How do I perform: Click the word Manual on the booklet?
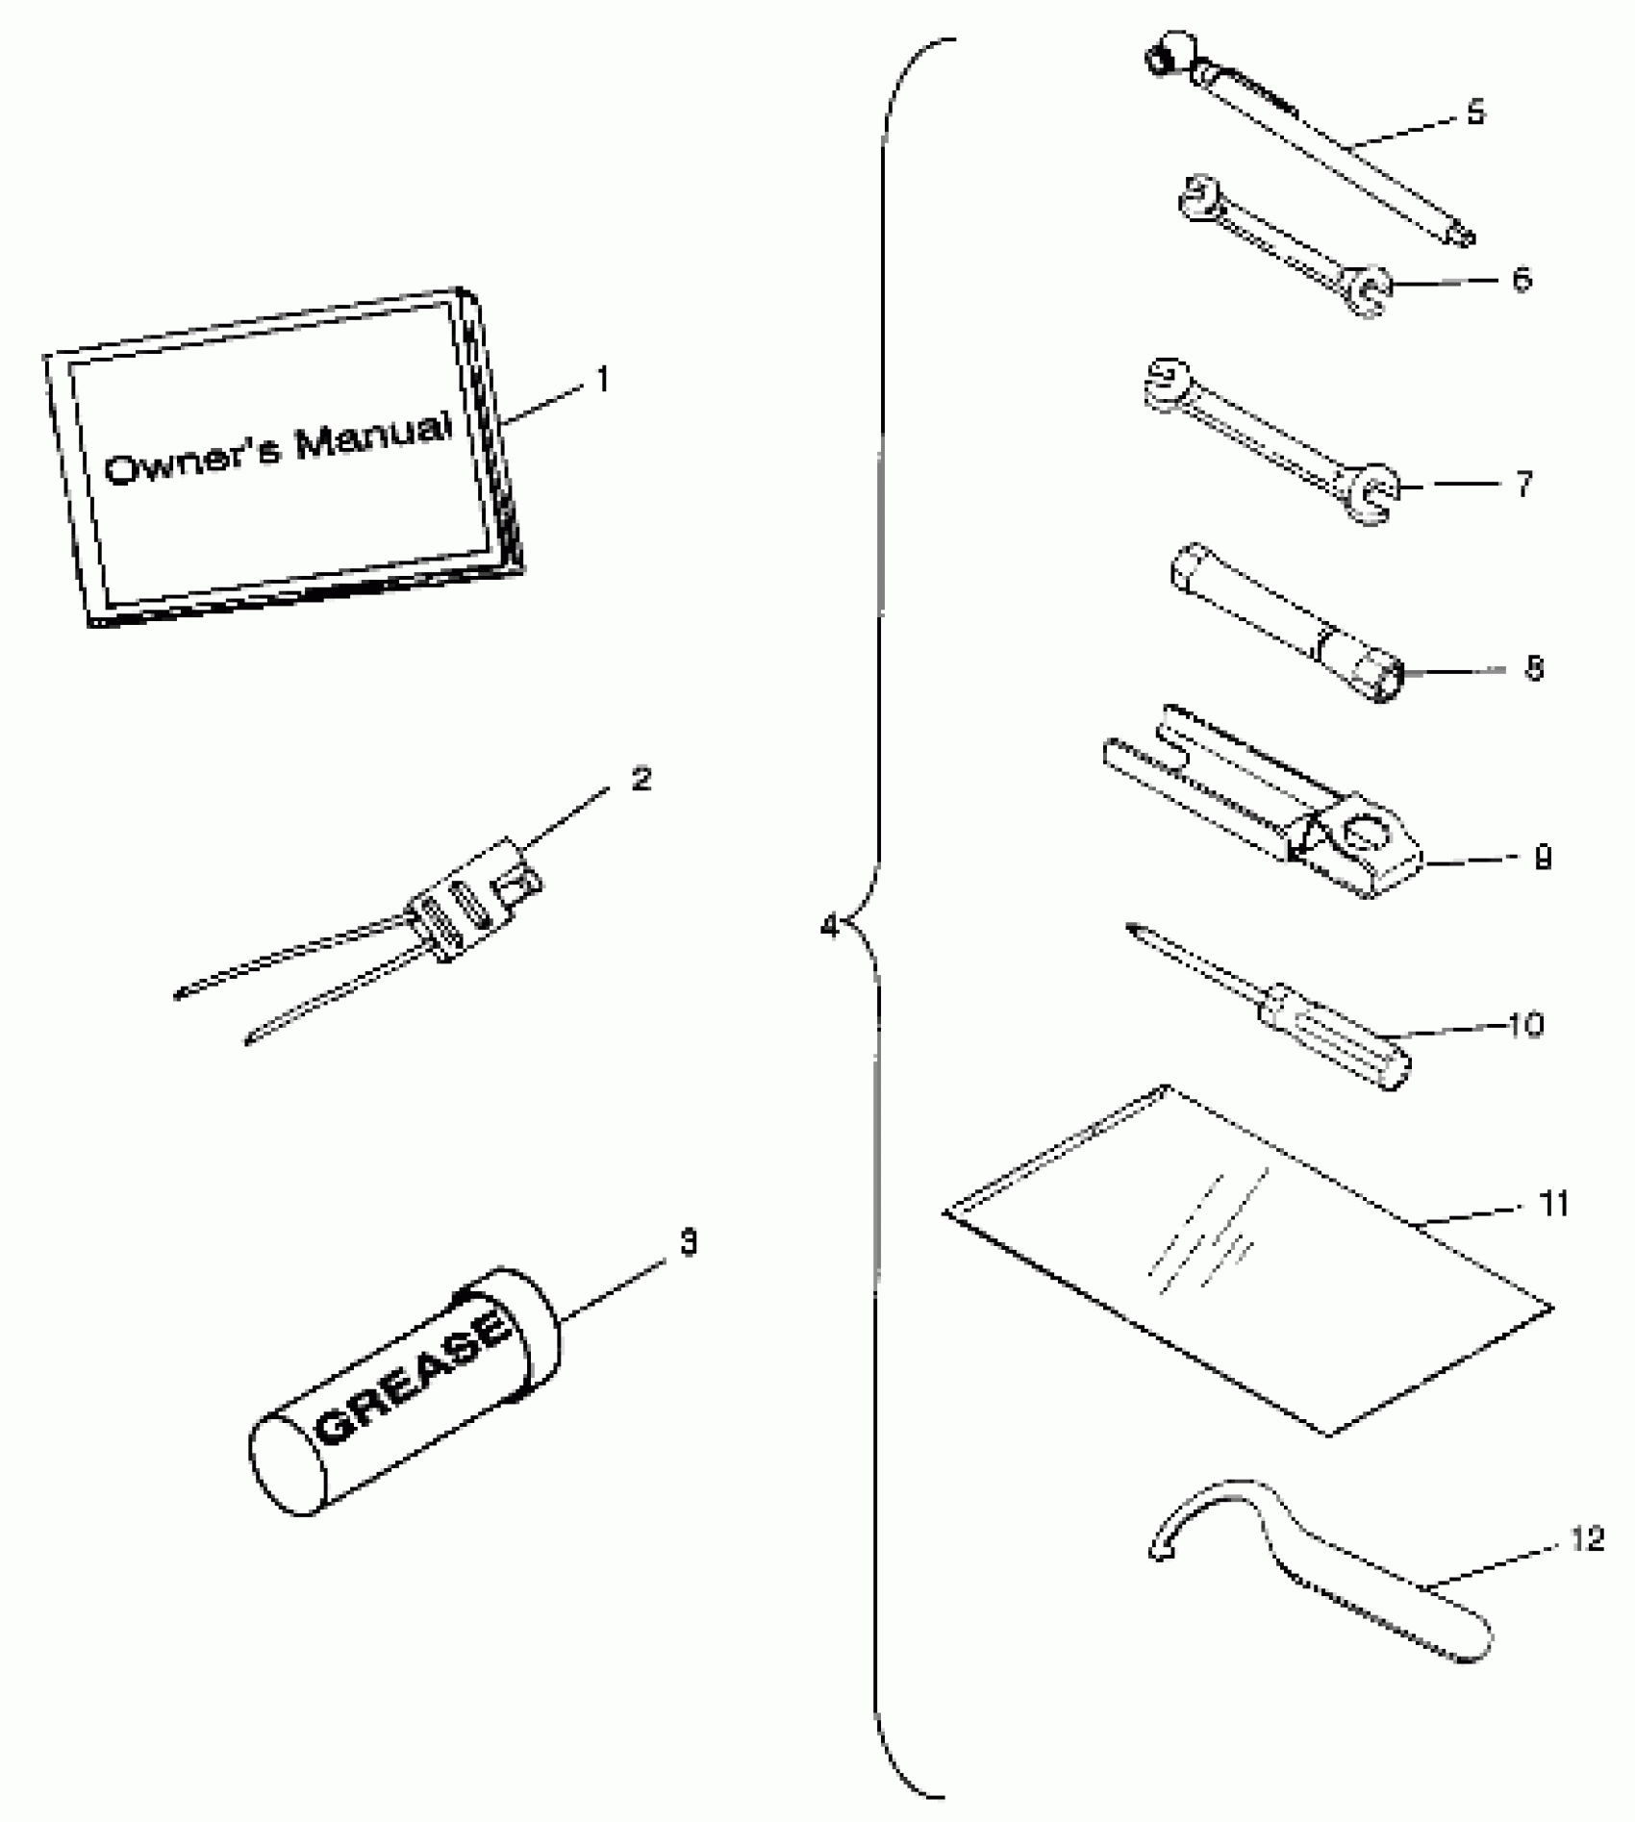373,437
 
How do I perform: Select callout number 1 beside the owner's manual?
603,380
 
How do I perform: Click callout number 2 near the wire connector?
641,778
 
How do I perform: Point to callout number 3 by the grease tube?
689,1242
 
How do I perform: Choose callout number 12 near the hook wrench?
1588,1539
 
